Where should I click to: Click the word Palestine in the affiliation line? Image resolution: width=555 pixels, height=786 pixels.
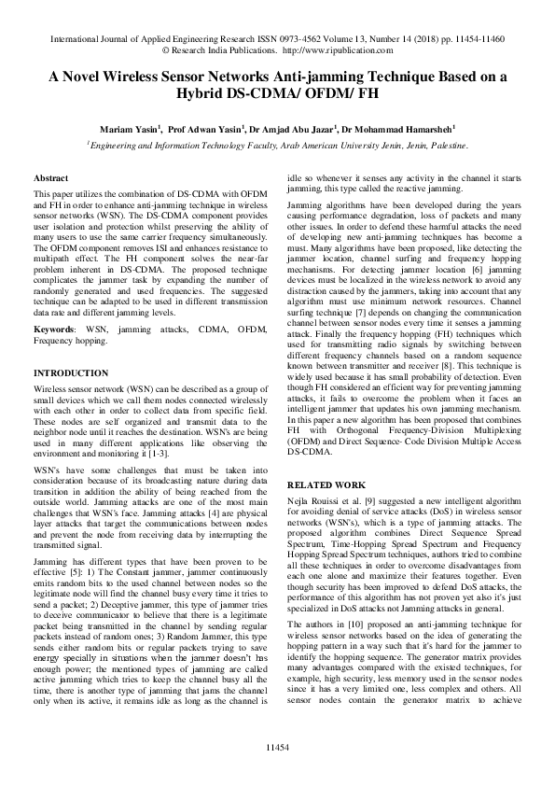tap(444, 146)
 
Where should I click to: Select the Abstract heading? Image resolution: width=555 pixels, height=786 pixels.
tap(50, 177)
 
